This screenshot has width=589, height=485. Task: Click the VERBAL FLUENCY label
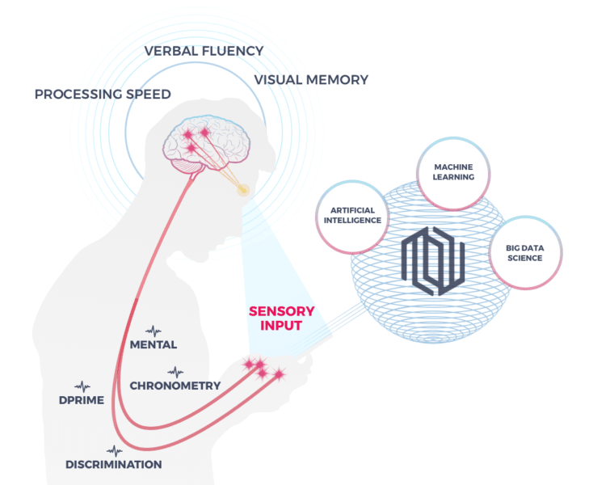point(204,51)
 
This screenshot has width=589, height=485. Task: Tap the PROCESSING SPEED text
point(103,95)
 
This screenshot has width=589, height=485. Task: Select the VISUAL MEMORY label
point(311,80)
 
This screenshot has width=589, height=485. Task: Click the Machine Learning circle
point(453,172)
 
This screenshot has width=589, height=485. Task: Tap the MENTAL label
point(154,345)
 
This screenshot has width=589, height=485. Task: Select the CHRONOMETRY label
point(175,386)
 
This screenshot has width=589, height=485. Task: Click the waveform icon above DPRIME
point(82,387)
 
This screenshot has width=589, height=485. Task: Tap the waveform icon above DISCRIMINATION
point(115,450)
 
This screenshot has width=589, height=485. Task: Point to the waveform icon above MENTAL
point(154,331)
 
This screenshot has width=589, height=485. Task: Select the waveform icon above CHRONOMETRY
point(175,372)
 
